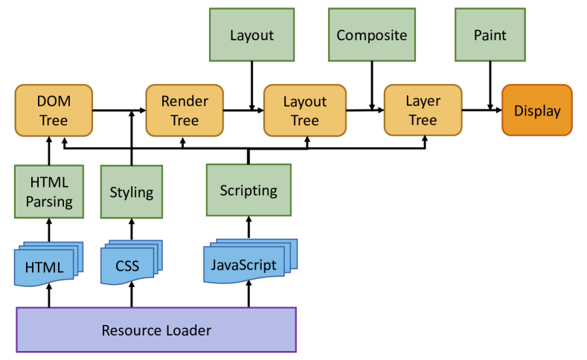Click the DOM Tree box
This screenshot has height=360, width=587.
tap(54, 110)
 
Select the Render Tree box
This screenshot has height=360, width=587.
tap(185, 110)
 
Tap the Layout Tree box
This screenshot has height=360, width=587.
tap(305, 110)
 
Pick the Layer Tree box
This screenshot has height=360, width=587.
tap(423, 110)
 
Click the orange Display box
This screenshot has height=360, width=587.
tap(537, 110)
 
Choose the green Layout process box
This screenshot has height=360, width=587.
tap(252, 35)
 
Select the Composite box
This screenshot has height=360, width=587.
tap(372, 35)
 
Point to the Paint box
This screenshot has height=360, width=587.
tap(490, 35)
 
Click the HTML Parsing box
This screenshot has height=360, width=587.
tap(49, 192)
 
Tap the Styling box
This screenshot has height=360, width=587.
tap(132, 192)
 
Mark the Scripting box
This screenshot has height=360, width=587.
tap(248, 190)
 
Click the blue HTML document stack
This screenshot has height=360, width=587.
tap(48, 264)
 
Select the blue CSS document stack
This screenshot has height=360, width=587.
tap(131, 263)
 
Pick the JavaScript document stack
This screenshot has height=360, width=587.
tap(250, 261)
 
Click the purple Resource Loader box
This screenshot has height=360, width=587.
tap(156, 330)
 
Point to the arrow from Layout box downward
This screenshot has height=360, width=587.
tap(252, 86)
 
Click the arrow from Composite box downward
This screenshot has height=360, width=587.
tap(372, 86)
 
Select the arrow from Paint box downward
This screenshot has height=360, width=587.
tap(490, 86)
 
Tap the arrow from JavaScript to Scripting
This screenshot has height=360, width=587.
tap(248, 228)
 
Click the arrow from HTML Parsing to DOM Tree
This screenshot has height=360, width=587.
tap(49, 151)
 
